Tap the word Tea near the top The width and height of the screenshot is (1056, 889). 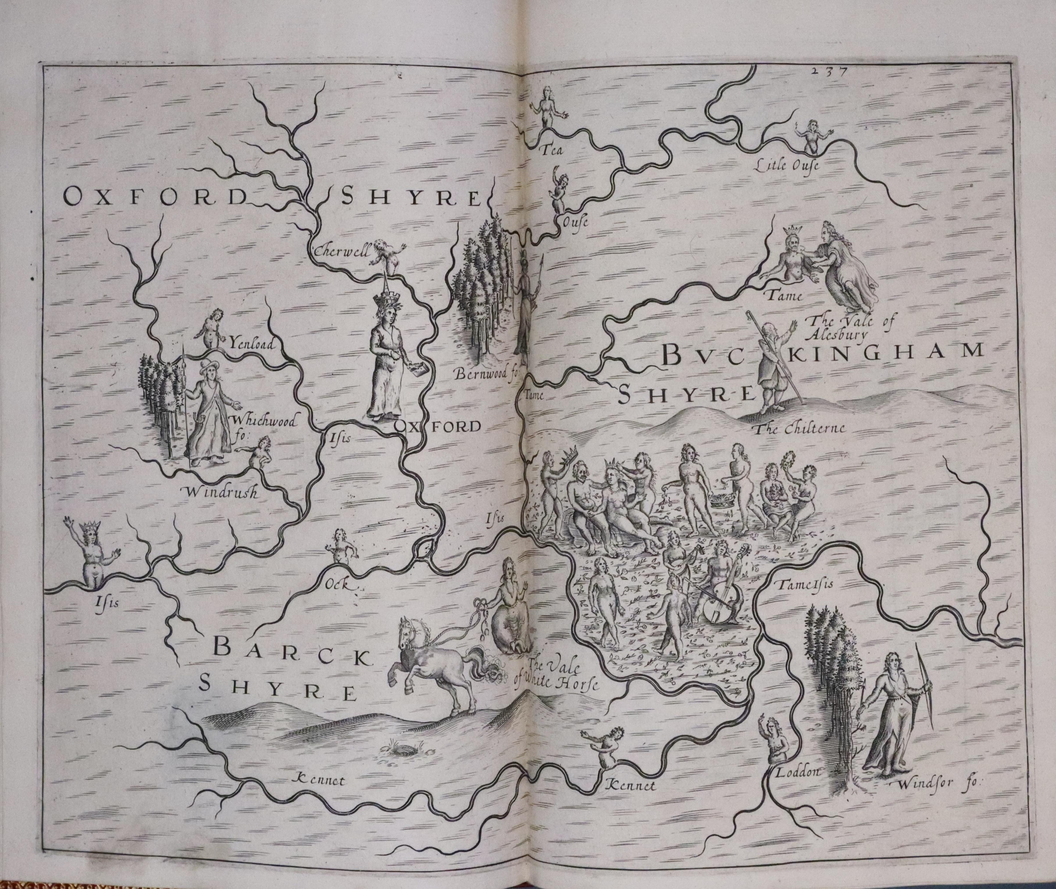(x=551, y=150)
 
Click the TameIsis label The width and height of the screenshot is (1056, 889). (x=798, y=585)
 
